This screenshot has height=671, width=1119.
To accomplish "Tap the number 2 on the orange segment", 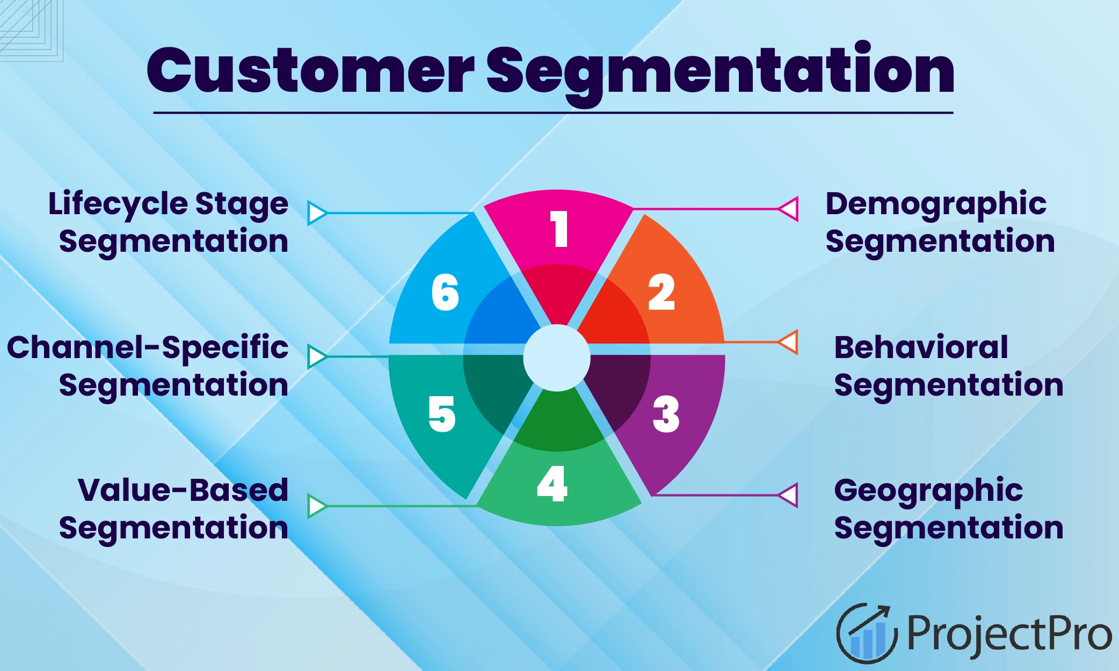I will point(662,292).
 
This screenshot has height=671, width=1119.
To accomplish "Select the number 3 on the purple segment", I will point(666,414).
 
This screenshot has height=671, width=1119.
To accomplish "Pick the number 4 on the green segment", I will point(553,484).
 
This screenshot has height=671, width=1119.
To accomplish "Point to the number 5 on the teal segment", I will point(442,414).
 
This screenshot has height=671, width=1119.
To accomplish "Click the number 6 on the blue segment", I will point(445,293).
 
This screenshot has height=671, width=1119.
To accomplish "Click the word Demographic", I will point(935,205).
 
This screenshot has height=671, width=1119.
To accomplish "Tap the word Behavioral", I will point(921,347).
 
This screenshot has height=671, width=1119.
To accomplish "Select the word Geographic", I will point(928,491).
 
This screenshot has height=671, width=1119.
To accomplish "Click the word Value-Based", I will point(183,490).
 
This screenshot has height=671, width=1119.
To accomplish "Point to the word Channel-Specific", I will point(148,347).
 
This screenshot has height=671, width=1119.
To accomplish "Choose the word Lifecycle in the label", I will point(118,205).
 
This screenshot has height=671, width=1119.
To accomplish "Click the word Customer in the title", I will point(310,71).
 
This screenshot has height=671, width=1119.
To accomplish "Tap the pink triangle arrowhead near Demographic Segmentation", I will point(789,209).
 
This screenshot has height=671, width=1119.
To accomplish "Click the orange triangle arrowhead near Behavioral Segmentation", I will point(789,342).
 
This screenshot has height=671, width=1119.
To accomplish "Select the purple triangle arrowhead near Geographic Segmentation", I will point(789,495).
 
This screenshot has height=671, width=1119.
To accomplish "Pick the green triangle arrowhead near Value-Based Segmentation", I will point(316,506).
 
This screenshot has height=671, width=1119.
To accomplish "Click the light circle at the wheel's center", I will point(557,358).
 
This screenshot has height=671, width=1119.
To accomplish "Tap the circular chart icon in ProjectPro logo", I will point(866,633).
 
